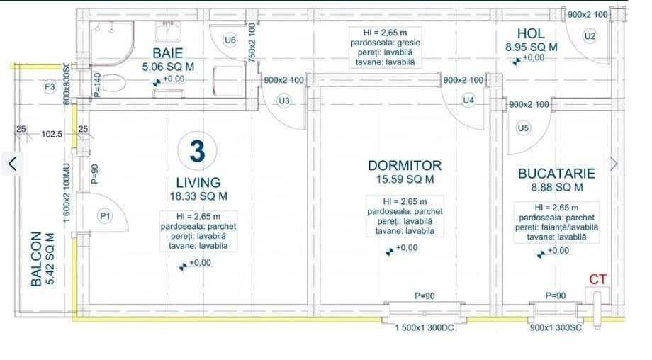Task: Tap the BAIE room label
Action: [167, 53]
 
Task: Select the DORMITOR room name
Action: [405, 165]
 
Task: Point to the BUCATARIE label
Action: [556, 174]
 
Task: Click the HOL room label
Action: [531, 34]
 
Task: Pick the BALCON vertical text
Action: [36, 259]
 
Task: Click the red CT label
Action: [597, 279]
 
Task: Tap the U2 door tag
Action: [590, 36]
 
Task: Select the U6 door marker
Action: [230, 40]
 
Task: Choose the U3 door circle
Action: [284, 101]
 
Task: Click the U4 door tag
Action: [468, 100]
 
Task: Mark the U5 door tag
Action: [523, 128]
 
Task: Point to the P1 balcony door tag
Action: [105, 216]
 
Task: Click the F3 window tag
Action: [50, 87]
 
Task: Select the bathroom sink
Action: [168, 31]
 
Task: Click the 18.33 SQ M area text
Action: [198, 196]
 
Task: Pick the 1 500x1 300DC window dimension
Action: [424, 327]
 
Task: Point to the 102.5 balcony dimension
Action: [52, 134]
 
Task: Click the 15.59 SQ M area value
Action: [405, 179]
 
